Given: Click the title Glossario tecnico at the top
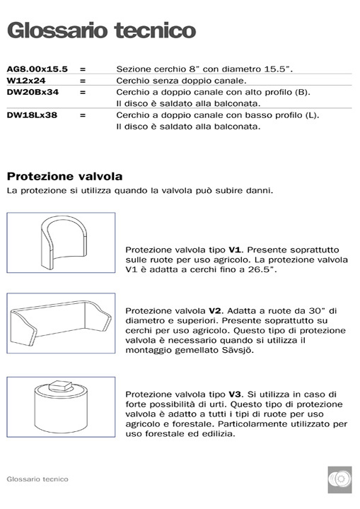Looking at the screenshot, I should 101,31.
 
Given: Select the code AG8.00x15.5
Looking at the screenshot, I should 37,69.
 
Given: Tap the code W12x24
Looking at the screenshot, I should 26,81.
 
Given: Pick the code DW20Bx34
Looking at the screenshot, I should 33,92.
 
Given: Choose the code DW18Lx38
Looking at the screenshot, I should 33,115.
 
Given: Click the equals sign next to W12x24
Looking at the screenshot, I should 83,81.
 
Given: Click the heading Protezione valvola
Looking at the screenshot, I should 64,175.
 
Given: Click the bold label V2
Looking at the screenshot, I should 216,310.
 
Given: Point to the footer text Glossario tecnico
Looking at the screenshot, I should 37,479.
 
